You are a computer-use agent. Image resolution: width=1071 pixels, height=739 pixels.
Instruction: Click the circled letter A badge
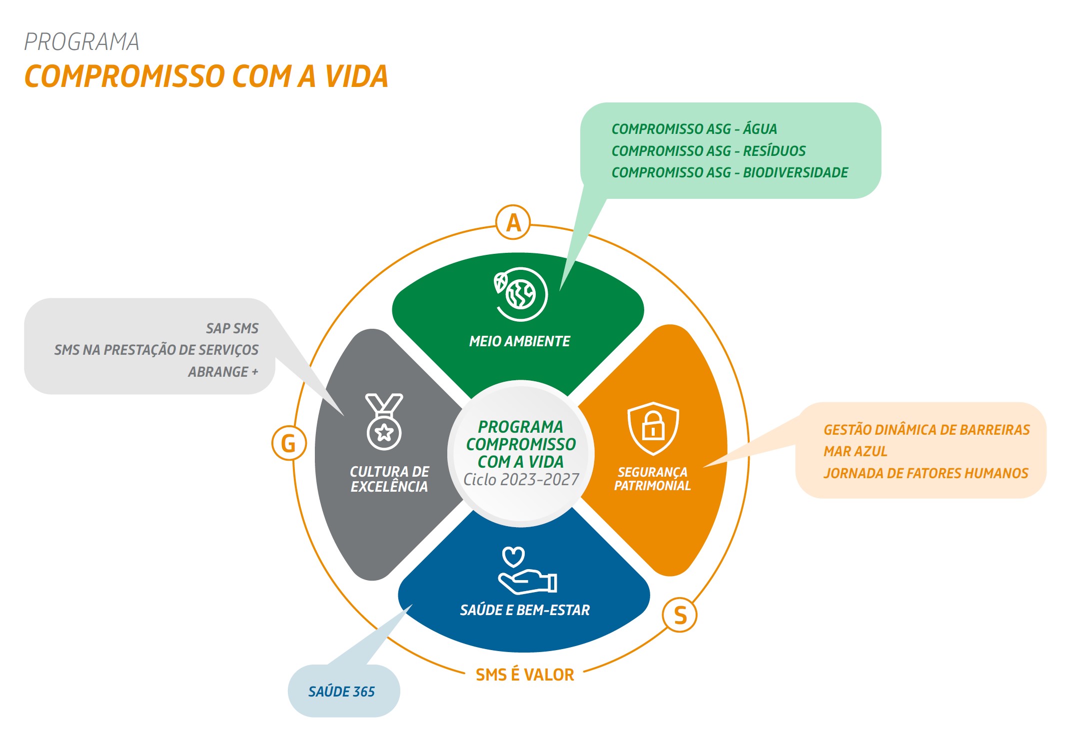point(513,222)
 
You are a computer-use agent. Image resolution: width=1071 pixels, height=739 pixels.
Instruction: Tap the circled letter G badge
point(289,443)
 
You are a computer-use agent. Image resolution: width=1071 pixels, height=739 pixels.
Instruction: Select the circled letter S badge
point(680,615)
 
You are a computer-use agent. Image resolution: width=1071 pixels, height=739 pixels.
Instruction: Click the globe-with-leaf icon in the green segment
point(520,294)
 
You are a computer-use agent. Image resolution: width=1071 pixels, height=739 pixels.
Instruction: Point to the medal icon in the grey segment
point(384,422)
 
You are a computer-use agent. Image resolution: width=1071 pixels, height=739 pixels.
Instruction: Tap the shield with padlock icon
point(653,428)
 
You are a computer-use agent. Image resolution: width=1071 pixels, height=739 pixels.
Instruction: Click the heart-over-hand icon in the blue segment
point(528,571)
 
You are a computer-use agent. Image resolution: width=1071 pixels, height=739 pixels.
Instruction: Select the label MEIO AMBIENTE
point(520,341)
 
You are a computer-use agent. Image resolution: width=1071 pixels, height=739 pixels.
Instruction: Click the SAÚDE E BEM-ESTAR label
point(525,610)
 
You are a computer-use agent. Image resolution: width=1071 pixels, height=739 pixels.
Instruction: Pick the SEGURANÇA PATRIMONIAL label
point(652,479)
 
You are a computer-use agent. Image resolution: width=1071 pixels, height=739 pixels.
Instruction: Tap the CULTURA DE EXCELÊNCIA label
point(389,479)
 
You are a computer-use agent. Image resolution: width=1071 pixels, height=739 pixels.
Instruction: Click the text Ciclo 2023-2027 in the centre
point(521,480)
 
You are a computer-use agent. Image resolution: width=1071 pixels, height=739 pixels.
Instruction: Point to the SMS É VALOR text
point(525,675)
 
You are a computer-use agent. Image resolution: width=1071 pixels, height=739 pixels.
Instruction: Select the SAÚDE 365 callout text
point(341,692)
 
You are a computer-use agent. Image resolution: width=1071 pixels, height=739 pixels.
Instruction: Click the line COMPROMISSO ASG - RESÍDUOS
point(709,151)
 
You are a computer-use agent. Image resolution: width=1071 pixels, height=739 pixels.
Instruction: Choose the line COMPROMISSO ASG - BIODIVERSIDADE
point(730,172)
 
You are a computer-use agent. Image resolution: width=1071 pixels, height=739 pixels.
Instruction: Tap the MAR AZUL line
point(855,451)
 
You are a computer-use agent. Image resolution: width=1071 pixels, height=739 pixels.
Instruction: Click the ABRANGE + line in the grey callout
point(223,372)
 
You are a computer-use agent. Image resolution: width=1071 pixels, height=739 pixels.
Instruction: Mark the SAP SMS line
point(232,328)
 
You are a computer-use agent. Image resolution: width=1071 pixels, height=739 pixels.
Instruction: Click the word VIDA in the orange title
point(356,76)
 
